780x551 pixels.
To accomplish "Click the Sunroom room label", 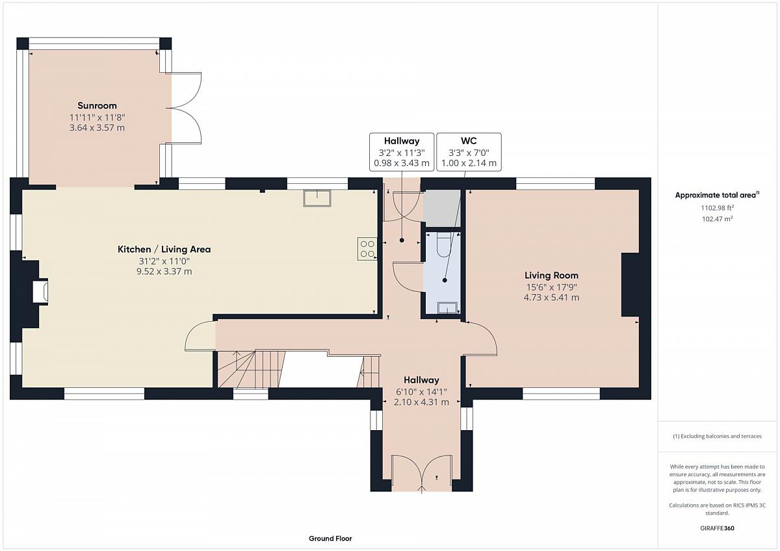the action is point(97,105).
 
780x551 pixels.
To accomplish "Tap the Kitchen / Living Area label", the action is point(164,250).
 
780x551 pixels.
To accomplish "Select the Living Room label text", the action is point(551,275).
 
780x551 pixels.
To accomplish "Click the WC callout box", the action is point(469,152).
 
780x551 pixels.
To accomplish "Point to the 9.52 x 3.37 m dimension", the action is point(164,272).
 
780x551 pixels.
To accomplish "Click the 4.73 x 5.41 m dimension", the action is point(551,298).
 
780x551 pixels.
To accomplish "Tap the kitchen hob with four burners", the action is point(367,248).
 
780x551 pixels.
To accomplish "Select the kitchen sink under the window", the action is point(317,198).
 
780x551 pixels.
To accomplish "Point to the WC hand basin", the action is point(447,308).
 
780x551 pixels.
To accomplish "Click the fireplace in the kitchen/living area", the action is point(40,292).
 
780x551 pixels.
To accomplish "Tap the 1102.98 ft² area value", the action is point(717,208).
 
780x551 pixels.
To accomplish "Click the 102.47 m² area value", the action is point(717,219).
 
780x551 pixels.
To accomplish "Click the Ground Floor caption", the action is point(330,539).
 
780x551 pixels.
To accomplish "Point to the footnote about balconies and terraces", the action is point(717,436).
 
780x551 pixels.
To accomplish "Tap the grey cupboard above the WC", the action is point(442,208).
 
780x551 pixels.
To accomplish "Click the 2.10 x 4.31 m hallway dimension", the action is point(421,402).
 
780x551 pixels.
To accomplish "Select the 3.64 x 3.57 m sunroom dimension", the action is point(97,128).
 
